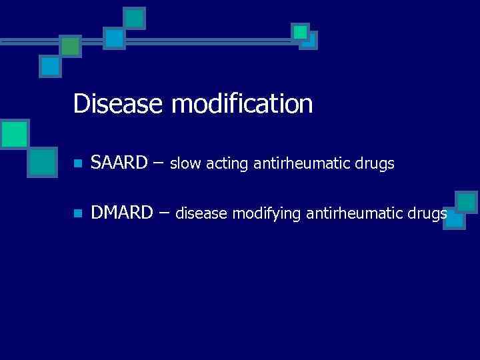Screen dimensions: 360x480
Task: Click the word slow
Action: (183, 163)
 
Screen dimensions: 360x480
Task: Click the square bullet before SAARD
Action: (78, 163)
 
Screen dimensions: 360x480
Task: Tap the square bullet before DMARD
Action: (78, 214)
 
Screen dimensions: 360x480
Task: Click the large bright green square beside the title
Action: (14, 134)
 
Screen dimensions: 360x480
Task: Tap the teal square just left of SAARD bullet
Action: (43, 161)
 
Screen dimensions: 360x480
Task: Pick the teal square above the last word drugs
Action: (466, 203)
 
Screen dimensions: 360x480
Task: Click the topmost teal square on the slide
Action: (135, 18)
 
